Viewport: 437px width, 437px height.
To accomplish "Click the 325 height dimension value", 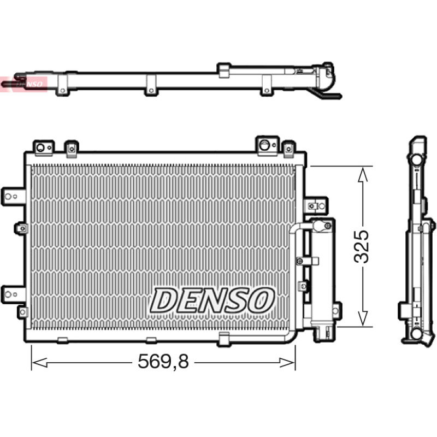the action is tap(361, 247).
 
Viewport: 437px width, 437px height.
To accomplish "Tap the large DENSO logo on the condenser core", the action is tap(212, 300).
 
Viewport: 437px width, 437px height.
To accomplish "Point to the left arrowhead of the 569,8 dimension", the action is tap(39, 363).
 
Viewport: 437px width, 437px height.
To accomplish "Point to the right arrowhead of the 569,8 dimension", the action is tap(287, 363).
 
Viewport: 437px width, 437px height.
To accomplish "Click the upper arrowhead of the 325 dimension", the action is tap(362, 174).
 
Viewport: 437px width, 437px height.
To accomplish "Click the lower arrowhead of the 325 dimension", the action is tap(362, 318).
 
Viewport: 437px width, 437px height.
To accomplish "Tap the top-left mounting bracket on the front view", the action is tap(44, 147).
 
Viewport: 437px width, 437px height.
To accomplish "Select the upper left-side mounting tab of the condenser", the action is tap(13, 197).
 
